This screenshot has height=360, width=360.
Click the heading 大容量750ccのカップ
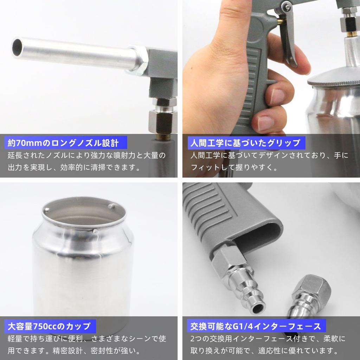coord(50,326)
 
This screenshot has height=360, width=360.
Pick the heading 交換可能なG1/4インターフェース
coord(256,326)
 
